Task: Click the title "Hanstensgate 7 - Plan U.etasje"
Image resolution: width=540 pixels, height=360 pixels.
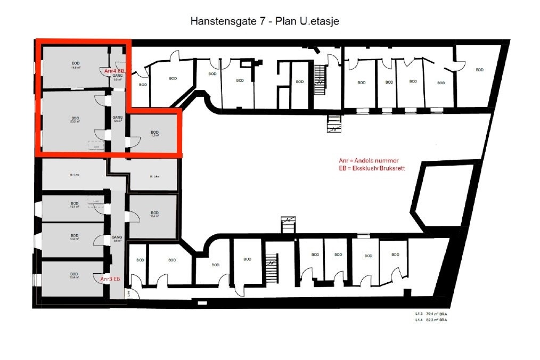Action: tap(265, 21)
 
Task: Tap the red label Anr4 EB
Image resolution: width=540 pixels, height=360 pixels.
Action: tap(114, 71)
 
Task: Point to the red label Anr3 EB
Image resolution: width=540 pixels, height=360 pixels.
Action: tap(110, 279)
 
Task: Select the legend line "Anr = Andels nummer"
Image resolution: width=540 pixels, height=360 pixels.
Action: tap(368, 161)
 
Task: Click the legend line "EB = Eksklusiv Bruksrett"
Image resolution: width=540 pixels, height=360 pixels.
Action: tap(371, 168)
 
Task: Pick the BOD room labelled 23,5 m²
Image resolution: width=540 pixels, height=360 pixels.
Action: tap(75, 120)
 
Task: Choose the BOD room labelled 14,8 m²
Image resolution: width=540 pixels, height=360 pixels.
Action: tap(75, 66)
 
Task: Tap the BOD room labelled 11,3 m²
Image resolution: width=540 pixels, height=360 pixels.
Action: tap(154, 134)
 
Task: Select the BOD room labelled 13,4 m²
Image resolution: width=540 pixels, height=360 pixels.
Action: tap(75, 275)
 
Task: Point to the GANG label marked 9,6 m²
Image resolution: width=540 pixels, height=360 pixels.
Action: tap(118, 239)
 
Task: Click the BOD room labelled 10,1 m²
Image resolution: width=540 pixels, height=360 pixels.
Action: tap(75, 205)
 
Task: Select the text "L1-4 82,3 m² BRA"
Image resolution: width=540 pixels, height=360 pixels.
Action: tap(431, 321)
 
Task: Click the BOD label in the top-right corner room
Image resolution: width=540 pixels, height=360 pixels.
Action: tap(479, 70)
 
